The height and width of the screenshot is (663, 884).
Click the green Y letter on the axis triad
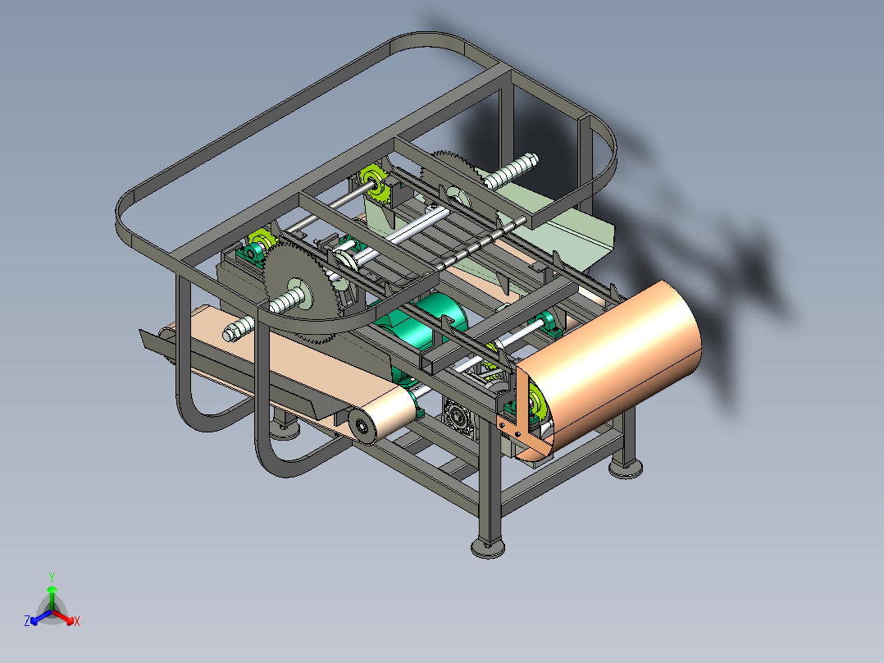coord(52,577)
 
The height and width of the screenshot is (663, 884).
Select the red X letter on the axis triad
coord(77,621)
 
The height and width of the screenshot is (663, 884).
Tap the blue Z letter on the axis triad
coord(27,620)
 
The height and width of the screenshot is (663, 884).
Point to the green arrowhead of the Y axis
coord(52,589)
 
